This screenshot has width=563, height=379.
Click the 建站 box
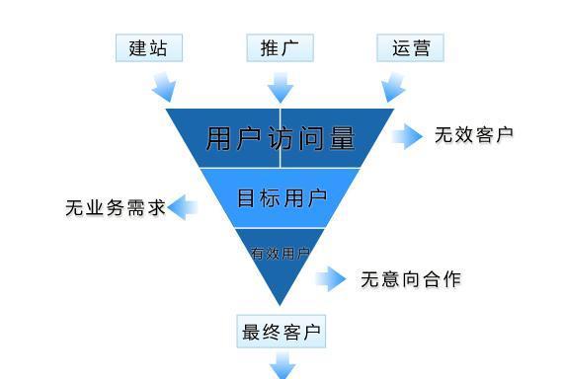148,47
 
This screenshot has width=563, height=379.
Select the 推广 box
280,47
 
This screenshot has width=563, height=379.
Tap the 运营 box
411,47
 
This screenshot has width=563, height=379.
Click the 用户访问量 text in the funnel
280,138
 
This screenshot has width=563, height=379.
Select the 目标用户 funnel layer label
281,197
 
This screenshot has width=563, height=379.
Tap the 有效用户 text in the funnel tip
280,254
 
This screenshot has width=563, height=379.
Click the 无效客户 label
474,135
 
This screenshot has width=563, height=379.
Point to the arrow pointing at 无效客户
407,136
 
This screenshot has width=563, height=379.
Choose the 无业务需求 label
116,208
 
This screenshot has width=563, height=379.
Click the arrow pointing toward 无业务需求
184,207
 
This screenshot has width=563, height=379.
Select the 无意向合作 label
410,279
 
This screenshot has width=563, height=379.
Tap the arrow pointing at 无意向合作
332,279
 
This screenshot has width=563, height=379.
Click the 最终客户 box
282,333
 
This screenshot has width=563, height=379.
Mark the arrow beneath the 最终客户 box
282,367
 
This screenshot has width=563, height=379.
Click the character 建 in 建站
138,47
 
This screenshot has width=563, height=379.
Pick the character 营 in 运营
422,47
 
